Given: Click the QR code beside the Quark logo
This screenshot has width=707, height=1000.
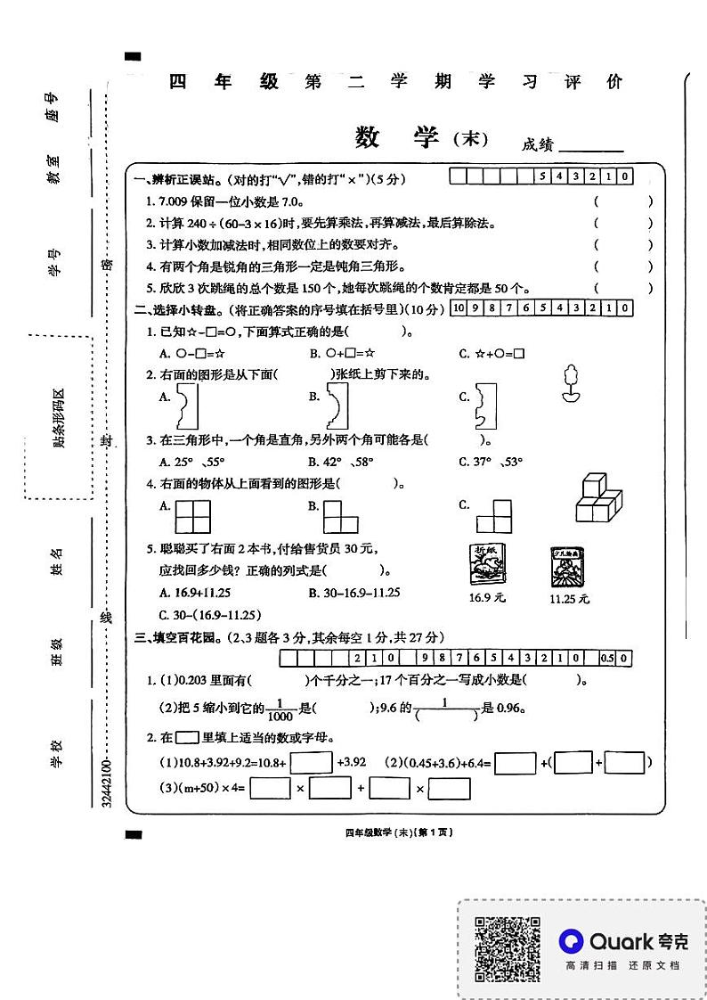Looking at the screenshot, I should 507,949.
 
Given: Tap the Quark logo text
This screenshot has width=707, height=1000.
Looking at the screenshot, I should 623,940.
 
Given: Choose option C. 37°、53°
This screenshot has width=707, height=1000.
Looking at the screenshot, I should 491,462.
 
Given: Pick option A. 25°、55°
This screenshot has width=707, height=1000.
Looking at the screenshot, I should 191,462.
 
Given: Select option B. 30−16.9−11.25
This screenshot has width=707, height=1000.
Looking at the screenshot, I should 354,593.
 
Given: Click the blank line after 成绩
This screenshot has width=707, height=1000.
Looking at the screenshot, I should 590,145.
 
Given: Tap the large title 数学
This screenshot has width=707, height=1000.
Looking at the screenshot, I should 397,138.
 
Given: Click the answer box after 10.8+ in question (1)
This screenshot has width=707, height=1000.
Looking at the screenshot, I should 311,763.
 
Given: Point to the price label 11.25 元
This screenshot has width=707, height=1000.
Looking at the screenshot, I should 569,599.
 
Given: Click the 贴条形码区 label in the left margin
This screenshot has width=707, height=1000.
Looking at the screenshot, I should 60,417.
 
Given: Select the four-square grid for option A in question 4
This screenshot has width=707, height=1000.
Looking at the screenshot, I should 193,515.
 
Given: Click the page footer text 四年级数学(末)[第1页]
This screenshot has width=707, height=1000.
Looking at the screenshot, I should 399,832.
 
